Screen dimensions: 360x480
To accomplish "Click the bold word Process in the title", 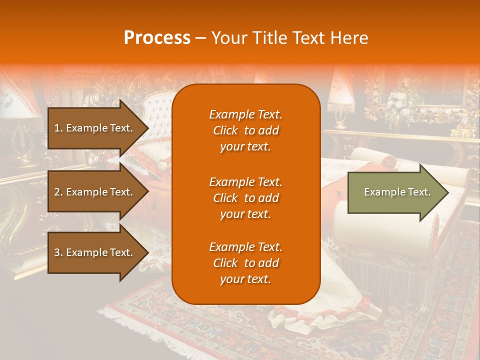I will coord(157,38).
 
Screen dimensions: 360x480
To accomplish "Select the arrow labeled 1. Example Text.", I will coord(95,128).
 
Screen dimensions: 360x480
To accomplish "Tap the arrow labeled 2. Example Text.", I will coord(95,192).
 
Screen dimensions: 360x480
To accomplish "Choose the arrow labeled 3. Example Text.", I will coord(95,252).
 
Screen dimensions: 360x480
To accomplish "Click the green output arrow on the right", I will coord(395,192).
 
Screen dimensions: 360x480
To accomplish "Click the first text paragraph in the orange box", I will coord(245,130).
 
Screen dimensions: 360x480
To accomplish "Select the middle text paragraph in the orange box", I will coord(245,198).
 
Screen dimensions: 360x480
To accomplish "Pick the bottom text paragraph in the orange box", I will coord(245,263).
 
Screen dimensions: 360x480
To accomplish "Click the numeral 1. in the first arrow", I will coord(58,128).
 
